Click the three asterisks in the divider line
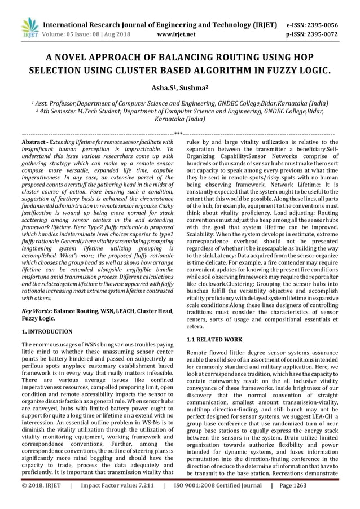179,134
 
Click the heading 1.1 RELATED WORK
215,339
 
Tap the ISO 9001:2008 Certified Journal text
218,500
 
